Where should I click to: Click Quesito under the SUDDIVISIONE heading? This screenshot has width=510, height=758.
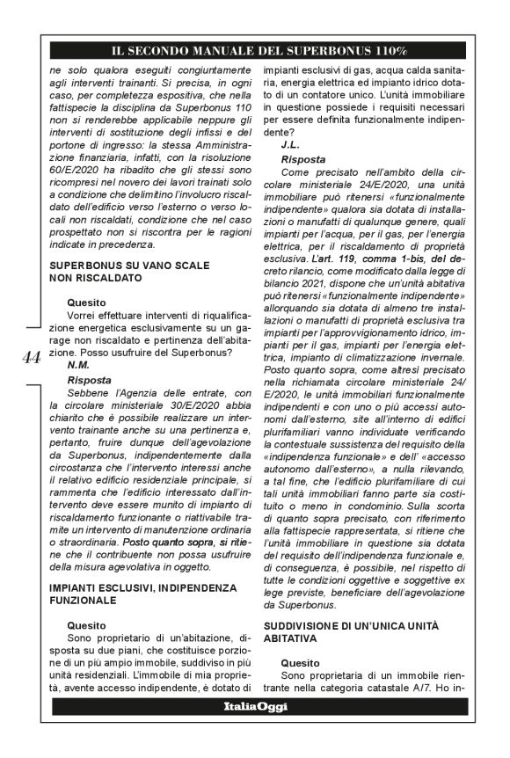pyautogui.click(x=302, y=660)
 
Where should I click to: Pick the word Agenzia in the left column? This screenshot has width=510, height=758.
pyautogui.click(x=127, y=395)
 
